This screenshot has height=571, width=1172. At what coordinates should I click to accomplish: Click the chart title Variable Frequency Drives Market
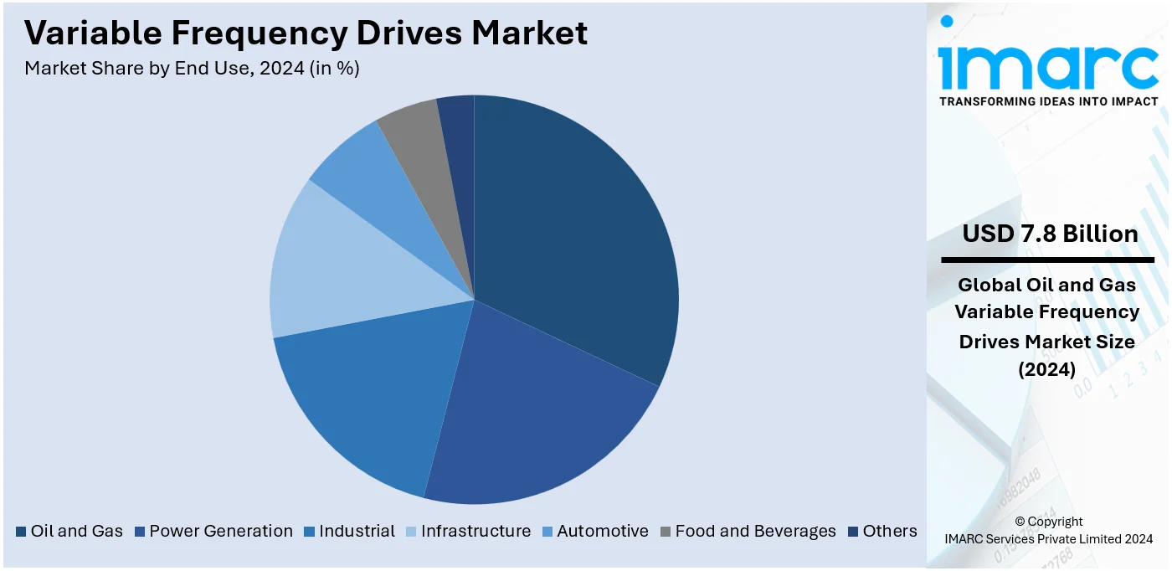[x=306, y=33]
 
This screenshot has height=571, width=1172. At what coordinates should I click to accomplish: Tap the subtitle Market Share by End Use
[x=192, y=69]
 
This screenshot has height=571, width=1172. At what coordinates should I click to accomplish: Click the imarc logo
[x=1047, y=63]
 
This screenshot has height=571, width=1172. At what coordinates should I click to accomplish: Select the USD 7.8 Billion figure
[x=1050, y=234]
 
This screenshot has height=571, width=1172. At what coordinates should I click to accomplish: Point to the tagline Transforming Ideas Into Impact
[x=1048, y=101]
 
